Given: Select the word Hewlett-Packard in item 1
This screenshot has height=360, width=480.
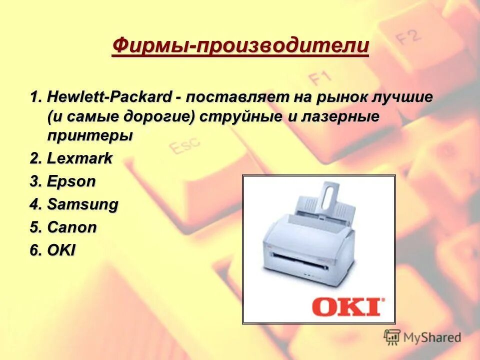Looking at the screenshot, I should click(x=110, y=97).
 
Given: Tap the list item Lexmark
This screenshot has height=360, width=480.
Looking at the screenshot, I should click(x=79, y=159).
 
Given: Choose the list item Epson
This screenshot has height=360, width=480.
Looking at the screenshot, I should click(x=71, y=181).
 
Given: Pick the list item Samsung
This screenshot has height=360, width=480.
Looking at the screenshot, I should click(x=82, y=204).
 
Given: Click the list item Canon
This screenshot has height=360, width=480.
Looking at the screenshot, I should click(x=72, y=227).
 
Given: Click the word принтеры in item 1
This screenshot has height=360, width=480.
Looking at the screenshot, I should click(x=90, y=135).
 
